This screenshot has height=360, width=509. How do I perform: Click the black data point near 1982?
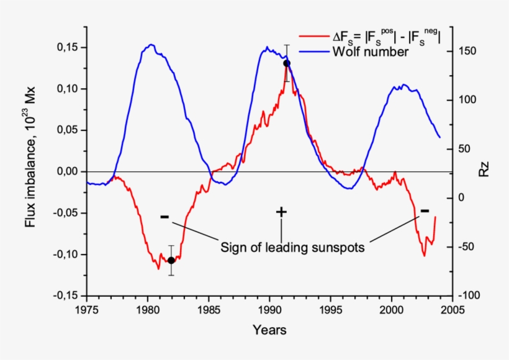171,260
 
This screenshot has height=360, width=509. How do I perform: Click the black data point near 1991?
287,63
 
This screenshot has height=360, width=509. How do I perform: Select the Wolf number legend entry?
371,52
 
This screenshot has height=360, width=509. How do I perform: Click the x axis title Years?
269,330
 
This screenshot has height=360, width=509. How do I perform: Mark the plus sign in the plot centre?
281,212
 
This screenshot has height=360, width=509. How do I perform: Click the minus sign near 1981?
164,217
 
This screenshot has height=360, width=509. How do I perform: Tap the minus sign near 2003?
425,211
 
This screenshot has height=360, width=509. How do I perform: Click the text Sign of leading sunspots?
292,247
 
